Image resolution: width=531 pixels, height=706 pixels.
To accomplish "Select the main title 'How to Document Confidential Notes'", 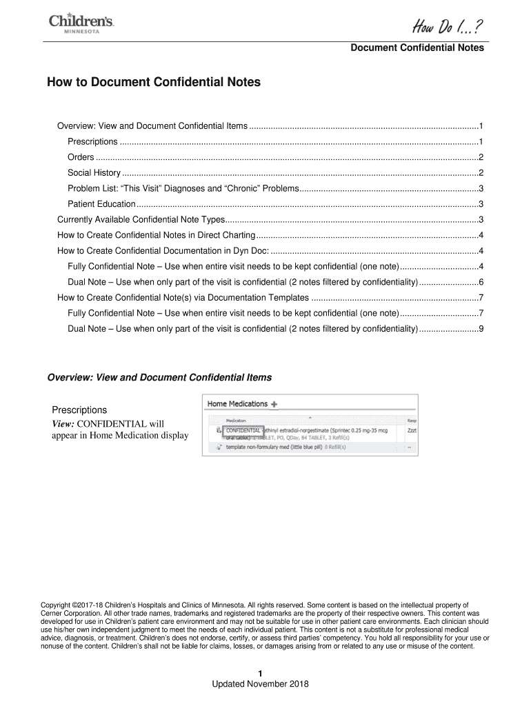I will click(x=154, y=82).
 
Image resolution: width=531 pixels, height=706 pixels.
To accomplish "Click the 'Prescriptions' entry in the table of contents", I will click(x=92, y=141).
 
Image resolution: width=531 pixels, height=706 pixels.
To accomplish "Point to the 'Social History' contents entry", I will click(x=94, y=172).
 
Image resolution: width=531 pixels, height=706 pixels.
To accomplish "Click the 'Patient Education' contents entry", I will click(x=101, y=204).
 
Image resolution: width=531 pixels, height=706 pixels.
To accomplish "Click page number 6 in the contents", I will click(x=481, y=283).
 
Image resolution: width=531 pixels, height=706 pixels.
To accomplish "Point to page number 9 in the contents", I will click(x=481, y=329).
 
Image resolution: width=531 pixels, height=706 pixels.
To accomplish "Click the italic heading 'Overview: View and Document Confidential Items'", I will click(x=159, y=378).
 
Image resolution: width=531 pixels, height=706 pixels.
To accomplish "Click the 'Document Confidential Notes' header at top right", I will click(x=417, y=48).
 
